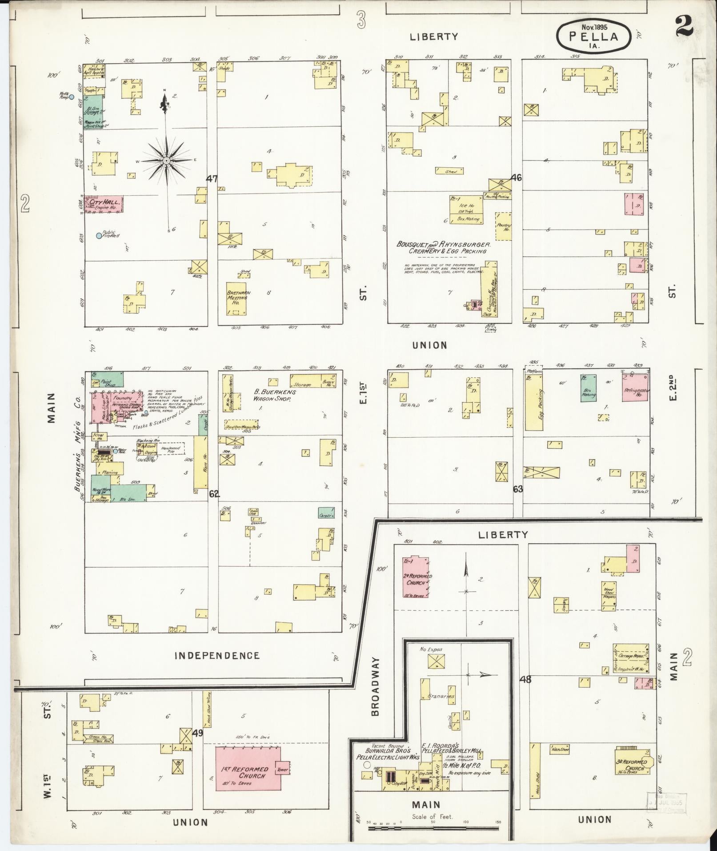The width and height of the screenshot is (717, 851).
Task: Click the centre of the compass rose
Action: [166, 160]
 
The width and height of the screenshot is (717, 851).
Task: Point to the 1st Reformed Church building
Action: [248, 774]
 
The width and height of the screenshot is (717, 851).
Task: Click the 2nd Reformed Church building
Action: [417, 577]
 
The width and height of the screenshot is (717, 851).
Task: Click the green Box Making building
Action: [588, 388]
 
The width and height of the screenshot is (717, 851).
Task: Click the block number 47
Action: [212, 179]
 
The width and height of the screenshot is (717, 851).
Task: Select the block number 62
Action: [214, 493]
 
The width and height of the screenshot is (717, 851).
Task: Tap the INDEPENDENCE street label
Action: [217, 655]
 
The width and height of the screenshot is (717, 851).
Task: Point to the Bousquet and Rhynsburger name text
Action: [444, 245]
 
